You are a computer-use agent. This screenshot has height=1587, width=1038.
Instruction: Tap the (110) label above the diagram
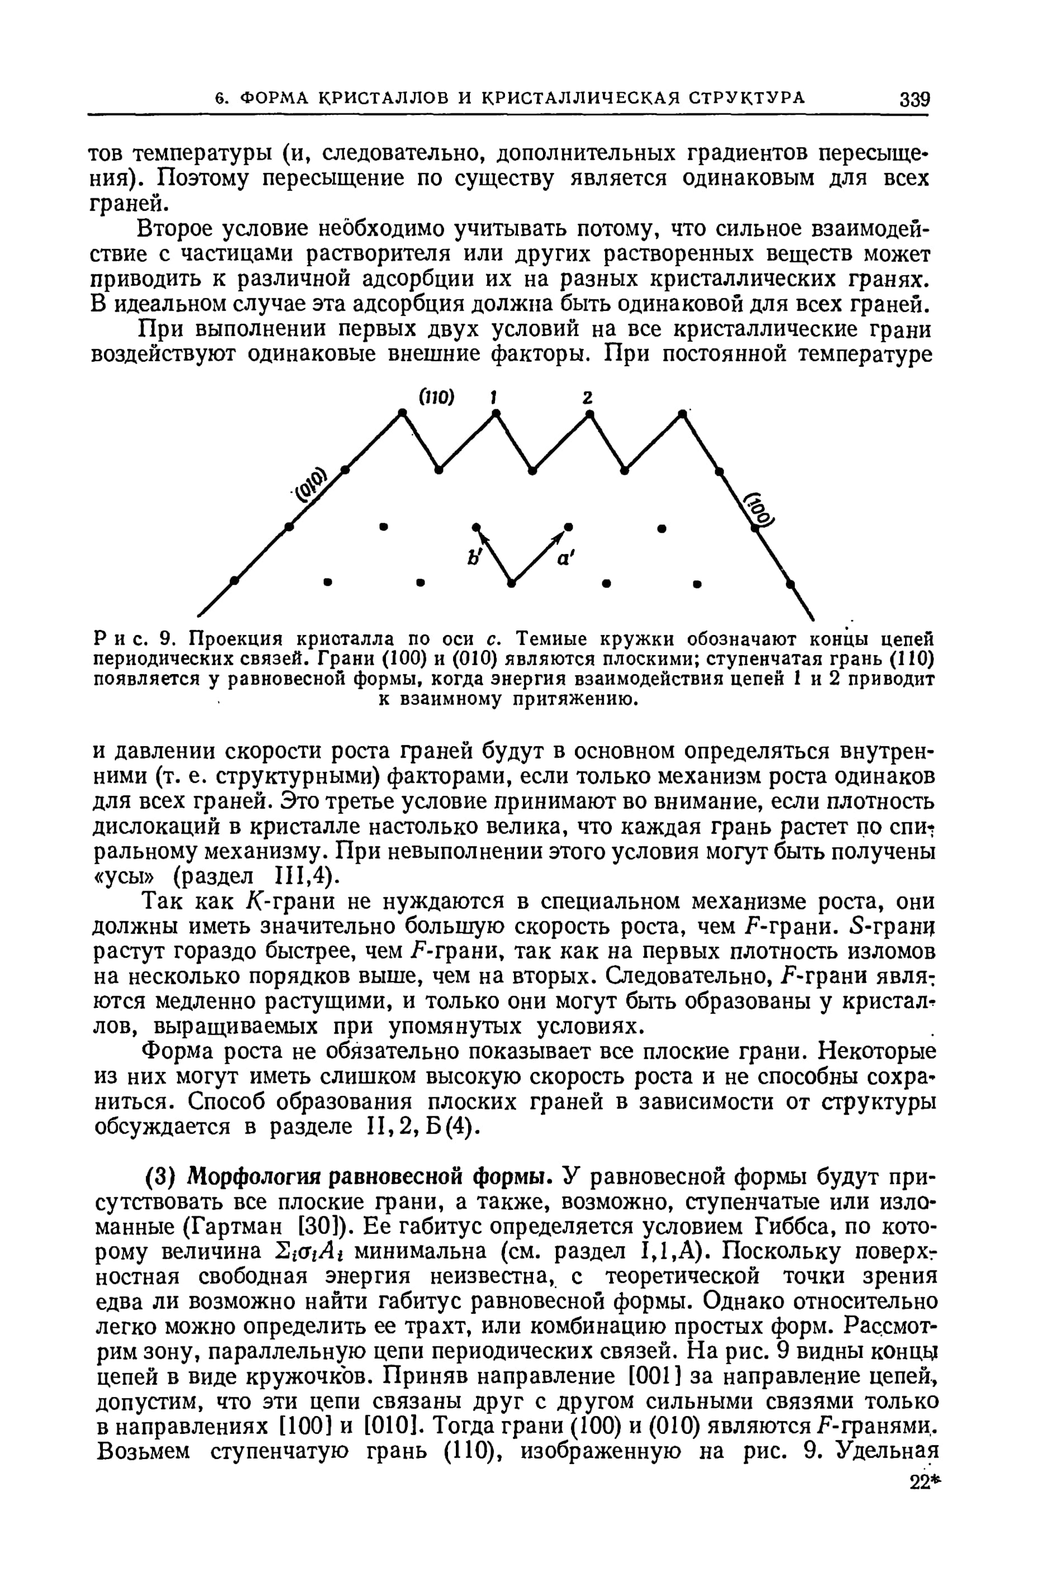click(436, 398)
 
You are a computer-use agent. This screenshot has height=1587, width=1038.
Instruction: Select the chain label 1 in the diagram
click(493, 398)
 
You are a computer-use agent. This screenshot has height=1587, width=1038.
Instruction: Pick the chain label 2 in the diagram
click(587, 398)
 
